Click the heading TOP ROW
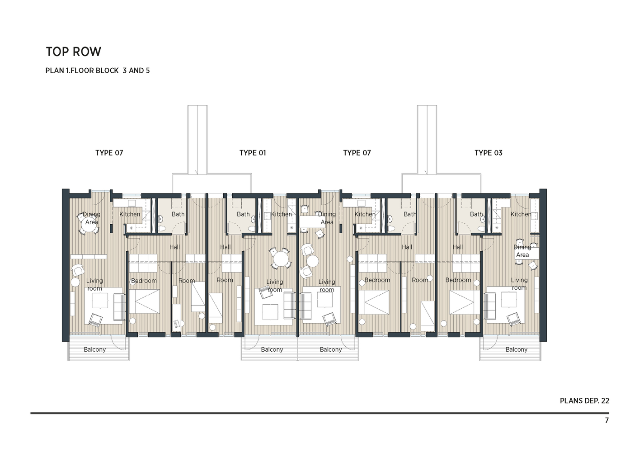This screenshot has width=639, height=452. pos(73,52)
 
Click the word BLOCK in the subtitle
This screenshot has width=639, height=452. pos(107,71)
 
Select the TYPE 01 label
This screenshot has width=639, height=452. pos(253,153)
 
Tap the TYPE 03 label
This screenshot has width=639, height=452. pos(488,153)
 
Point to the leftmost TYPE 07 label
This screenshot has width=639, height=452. pos(109,153)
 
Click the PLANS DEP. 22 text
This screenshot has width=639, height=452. pos(584,400)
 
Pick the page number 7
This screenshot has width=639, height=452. pos(606,420)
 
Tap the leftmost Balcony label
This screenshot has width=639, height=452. pos(94,349)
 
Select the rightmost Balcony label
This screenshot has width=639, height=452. pos(516,349)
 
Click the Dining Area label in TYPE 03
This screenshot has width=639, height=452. pos(522,251)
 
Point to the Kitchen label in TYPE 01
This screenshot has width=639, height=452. pos(281,214)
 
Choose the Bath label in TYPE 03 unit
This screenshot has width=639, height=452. pos(476,214)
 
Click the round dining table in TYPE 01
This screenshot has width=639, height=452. pos(281,259)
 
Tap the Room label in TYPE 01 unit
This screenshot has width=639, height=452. pos(225,280)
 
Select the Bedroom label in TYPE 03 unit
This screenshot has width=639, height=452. pos(458,280)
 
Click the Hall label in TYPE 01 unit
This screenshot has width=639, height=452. pos(225,247)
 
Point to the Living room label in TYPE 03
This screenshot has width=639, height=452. pos(519,284)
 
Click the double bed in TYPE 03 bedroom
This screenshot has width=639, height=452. pos(465,302)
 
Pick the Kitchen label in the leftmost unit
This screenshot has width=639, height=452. pos(130,214)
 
